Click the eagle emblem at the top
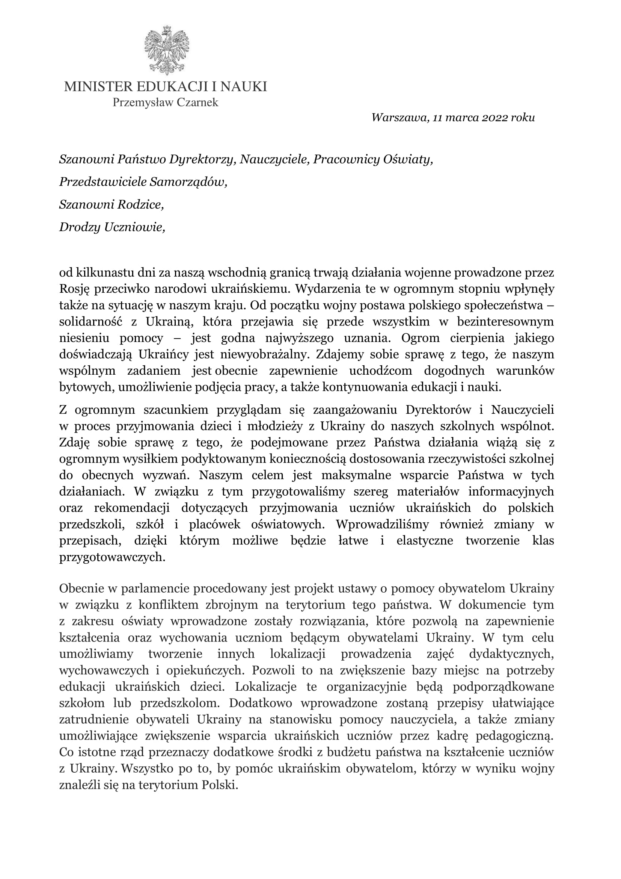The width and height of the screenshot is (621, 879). [167, 50]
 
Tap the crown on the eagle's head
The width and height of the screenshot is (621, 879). [167, 29]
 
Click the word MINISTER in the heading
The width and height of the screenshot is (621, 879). [98, 87]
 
